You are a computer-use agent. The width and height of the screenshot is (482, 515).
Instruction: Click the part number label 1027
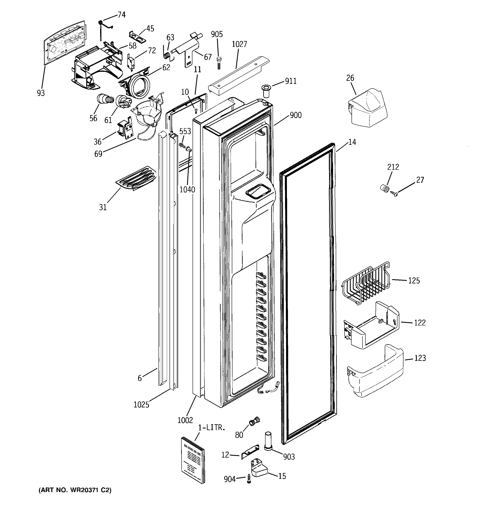pyautogui.click(x=239, y=44)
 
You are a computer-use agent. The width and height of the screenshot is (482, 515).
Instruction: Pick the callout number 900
pyautogui.click(x=295, y=115)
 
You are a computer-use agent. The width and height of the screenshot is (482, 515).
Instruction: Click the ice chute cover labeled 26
pyautogui.click(x=367, y=107)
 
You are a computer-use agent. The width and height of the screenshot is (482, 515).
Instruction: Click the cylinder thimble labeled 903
pyautogui.click(x=268, y=441)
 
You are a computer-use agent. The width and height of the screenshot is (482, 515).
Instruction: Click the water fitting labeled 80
pyautogui.click(x=254, y=422)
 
